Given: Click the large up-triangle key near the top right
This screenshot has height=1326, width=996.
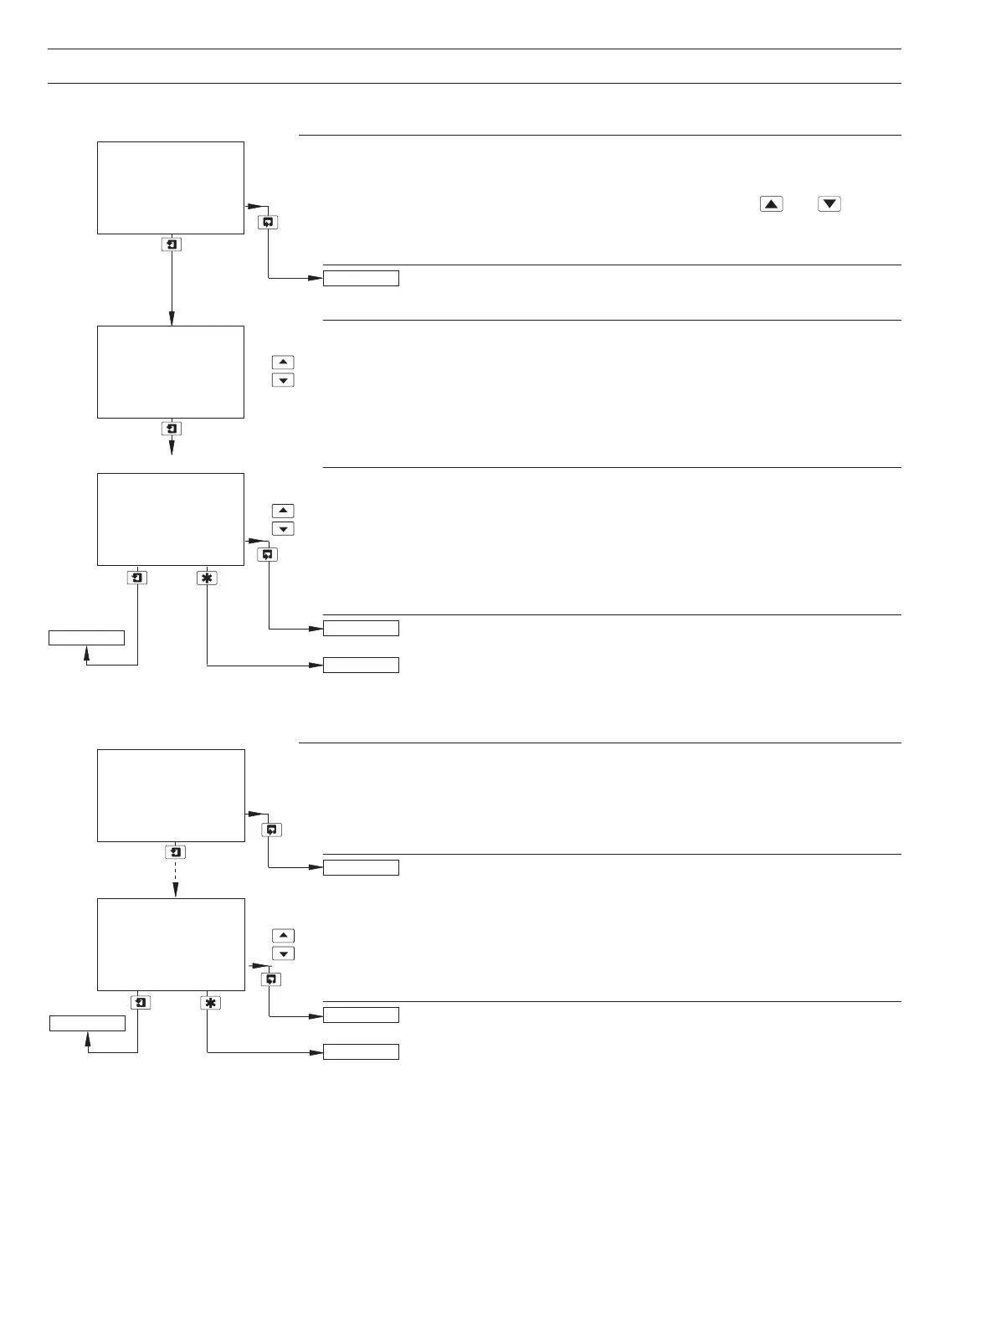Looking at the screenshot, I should pyautogui.click(x=771, y=203).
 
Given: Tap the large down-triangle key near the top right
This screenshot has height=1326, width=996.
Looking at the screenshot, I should pyautogui.click(x=829, y=203).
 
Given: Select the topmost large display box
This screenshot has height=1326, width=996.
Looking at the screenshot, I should pyautogui.click(x=171, y=188).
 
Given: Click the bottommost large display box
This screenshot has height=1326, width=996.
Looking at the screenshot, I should pyautogui.click(x=171, y=944).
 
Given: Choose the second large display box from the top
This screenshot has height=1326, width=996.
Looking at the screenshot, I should pyautogui.click(x=171, y=372).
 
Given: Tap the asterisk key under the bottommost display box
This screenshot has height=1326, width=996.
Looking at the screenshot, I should pyautogui.click(x=210, y=1002).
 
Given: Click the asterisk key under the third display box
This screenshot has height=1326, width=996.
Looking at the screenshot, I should pyautogui.click(x=207, y=577).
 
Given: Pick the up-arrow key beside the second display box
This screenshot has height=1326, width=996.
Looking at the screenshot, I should pyautogui.click(x=284, y=362).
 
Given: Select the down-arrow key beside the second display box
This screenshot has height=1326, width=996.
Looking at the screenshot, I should pyautogui.click(x=284, y=381).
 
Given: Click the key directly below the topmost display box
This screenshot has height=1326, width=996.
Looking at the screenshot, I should pyautogui.click(x=172, y=244).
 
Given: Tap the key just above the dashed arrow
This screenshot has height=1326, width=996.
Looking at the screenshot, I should pyautogui.click(x=176, y=852).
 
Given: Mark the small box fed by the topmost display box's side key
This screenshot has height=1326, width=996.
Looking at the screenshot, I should pyautogui.click(x=361, y=278).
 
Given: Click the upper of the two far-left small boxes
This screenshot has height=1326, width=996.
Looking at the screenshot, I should pyautogui.click(x=86, y=638).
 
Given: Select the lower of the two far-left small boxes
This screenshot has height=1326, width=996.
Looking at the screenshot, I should pyautogui.click(x=87, y=1023).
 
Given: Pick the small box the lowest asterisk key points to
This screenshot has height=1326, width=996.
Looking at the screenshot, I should pyautogui.click(x=361, y=1052).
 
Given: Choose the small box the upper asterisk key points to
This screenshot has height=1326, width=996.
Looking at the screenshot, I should pyautogui.click(x=361, y=666).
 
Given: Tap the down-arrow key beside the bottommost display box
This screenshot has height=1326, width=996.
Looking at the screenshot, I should pyautogui.click(x=284, y=954).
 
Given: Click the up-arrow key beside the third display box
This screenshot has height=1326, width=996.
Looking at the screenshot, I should pyautogui.click(x=284, y=511).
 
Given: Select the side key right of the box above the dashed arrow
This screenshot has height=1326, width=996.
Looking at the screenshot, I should pyautogui.click(x=271, y=830).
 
